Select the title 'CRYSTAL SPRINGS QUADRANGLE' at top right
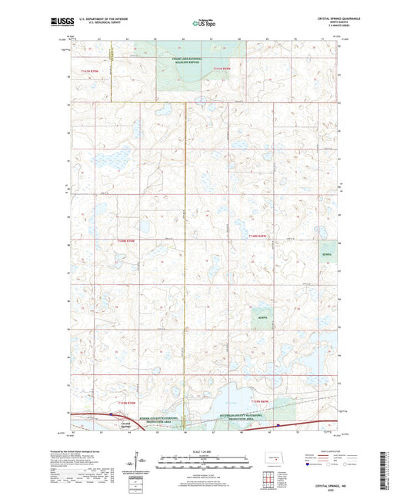click(x=315, y=18)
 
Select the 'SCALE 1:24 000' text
click(x=204, y=451)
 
